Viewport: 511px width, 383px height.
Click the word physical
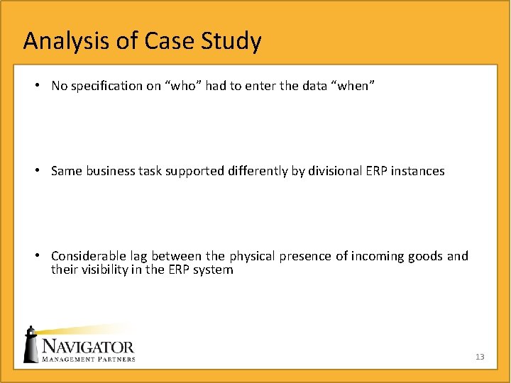click(x=234, y=256)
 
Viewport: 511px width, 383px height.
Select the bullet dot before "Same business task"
click(x=35, y=171)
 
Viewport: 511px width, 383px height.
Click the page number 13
click(x=480, y=357)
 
